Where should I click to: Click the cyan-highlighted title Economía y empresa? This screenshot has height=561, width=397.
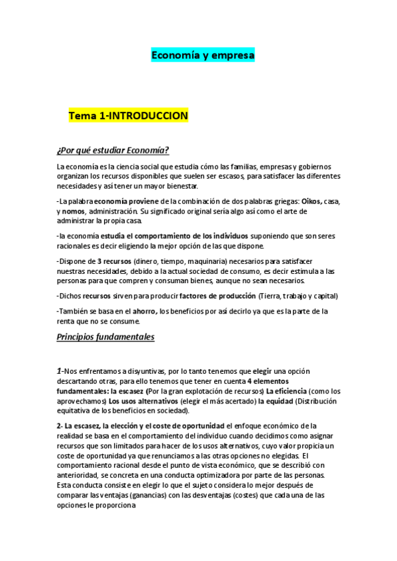(203, 56)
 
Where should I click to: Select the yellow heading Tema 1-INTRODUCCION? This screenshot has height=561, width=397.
(129, 116)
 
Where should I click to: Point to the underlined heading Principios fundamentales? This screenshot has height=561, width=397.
(106, 337)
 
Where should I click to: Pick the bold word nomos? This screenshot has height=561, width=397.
(74, 210)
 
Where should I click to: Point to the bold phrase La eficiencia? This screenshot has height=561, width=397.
(288, 391)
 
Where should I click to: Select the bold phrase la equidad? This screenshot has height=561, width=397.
(272, 401)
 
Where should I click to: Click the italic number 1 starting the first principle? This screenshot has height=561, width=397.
(59, 371)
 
